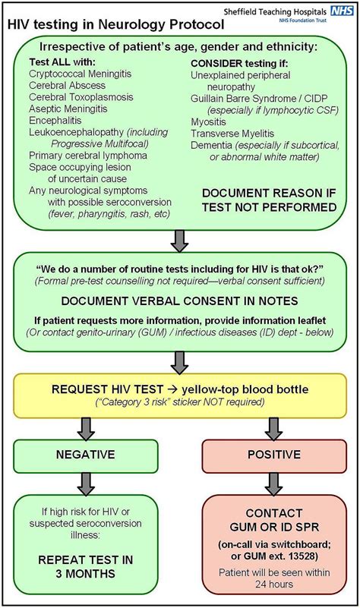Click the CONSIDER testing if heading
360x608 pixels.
240,61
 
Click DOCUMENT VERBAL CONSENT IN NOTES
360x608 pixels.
179,304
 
